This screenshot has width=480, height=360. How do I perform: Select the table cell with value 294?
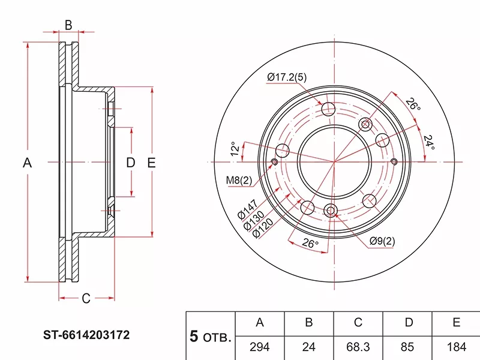pos(260,347)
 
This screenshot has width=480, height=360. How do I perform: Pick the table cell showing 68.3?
pos(358,347)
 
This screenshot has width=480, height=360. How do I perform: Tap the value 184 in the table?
pos(456,347)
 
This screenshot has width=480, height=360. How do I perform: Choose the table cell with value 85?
pos(408,347)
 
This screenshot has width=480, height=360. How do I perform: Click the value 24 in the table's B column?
pos(308,347)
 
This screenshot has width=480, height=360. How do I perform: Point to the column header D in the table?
pos(408,323)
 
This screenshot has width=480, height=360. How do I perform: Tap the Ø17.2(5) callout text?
pos(287,77)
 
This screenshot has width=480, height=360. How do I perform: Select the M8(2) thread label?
pos(238,179)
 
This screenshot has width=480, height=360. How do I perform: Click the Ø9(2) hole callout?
pos(382,241)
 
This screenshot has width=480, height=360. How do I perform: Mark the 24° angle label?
pos(428,142)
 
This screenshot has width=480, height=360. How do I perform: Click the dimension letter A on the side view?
pos(27,163)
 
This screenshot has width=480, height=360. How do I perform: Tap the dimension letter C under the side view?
pos(86,298)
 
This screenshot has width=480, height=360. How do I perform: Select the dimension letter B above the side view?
pos(68,25)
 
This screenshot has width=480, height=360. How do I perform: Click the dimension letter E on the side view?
pos(151,163)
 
